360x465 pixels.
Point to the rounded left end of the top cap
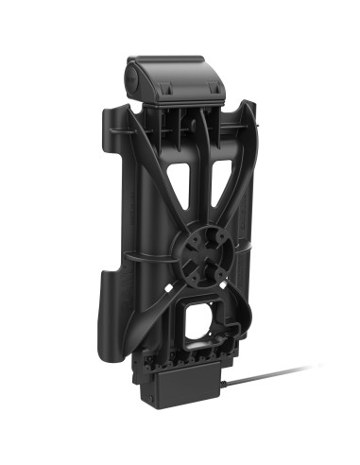click(x=129, y=76)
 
